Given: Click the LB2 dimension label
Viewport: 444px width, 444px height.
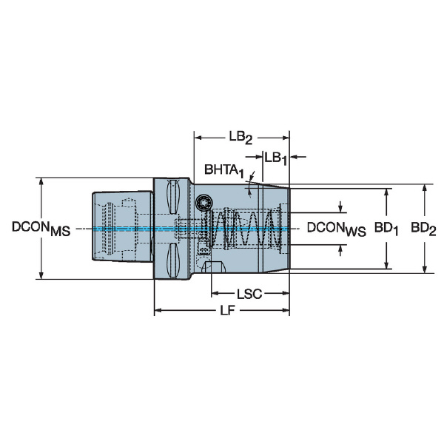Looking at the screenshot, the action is (x=240, y=138).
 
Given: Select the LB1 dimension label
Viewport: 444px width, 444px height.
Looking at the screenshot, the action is (x=276, y=158).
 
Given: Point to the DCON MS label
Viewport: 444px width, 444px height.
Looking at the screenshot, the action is (x=41, y=229).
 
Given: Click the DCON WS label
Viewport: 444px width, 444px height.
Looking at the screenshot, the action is (x=337, y=229).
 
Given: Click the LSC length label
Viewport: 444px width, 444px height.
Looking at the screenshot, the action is (x=249, y=295).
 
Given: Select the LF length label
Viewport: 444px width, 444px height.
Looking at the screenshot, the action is (x=228, y=311).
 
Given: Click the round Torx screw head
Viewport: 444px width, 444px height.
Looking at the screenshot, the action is (x=204, y=203).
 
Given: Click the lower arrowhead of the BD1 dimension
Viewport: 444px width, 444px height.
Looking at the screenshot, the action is (x=386, y=265).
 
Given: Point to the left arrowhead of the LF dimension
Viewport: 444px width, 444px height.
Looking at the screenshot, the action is (x=158, y=310).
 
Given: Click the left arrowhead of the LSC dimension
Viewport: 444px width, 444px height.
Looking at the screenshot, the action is (x=215, y=293).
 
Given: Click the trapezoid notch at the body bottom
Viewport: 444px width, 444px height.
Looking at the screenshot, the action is (x=214, y=267).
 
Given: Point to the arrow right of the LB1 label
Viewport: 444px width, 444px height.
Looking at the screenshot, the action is (x=298, y=157).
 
